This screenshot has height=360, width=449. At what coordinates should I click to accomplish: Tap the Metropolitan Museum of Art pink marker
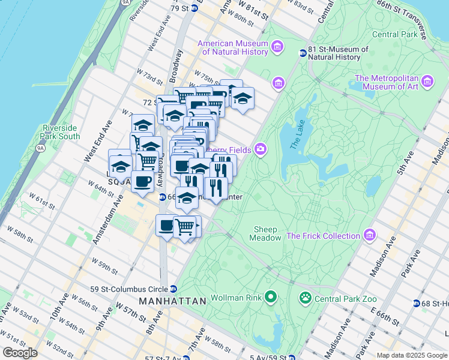(x=427, y=81)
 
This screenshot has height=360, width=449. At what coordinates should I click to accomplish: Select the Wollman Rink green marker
(x=271, y=296)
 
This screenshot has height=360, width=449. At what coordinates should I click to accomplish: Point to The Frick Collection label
(x=323, y=236)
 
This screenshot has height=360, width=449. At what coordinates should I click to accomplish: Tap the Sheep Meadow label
(x=265, y=233)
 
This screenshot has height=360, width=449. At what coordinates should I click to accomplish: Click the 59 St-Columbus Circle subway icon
(x=173, y=289)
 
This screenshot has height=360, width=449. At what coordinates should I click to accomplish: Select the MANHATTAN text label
(x=172, y=300)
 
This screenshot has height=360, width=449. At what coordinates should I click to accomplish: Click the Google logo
(x=20, y=353)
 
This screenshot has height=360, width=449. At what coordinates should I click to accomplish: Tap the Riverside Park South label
(x=61, y=132)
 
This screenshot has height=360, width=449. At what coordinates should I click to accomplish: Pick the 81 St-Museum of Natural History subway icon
(x=303, y=53)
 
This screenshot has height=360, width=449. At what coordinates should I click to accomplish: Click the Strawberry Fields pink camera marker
(x=261, y=148)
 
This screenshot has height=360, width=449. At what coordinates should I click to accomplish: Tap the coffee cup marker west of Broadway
(x=142, y=181)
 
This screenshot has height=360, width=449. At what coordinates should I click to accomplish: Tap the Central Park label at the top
(x=394, y=34)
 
